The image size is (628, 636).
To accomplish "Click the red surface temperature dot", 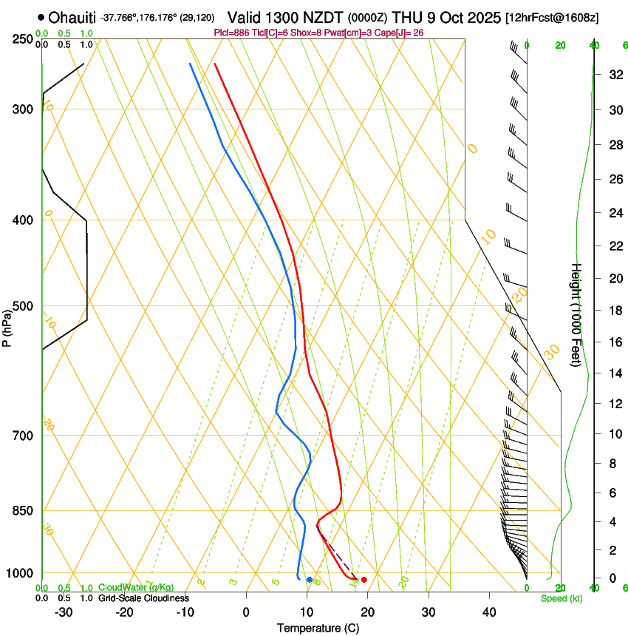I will point(364,579).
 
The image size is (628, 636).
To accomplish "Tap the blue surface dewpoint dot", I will point(309,579).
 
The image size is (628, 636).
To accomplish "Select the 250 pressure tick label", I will point(23,38).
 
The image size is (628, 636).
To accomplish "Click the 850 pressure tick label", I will point(23,511).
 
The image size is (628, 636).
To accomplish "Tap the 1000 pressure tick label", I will point(20,574).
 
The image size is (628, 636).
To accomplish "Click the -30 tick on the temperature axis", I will point(64,612).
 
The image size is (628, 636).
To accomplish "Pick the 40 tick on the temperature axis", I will point(489,612).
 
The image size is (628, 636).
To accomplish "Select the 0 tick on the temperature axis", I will point(247,612).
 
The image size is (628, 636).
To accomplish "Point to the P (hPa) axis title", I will point(7,326).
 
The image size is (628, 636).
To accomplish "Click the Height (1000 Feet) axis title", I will point(577,314).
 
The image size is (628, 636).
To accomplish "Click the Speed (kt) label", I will point(561,598).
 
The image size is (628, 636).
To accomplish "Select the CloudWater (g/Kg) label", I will point(136,588).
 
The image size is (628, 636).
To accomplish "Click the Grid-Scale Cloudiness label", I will point(143,598).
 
